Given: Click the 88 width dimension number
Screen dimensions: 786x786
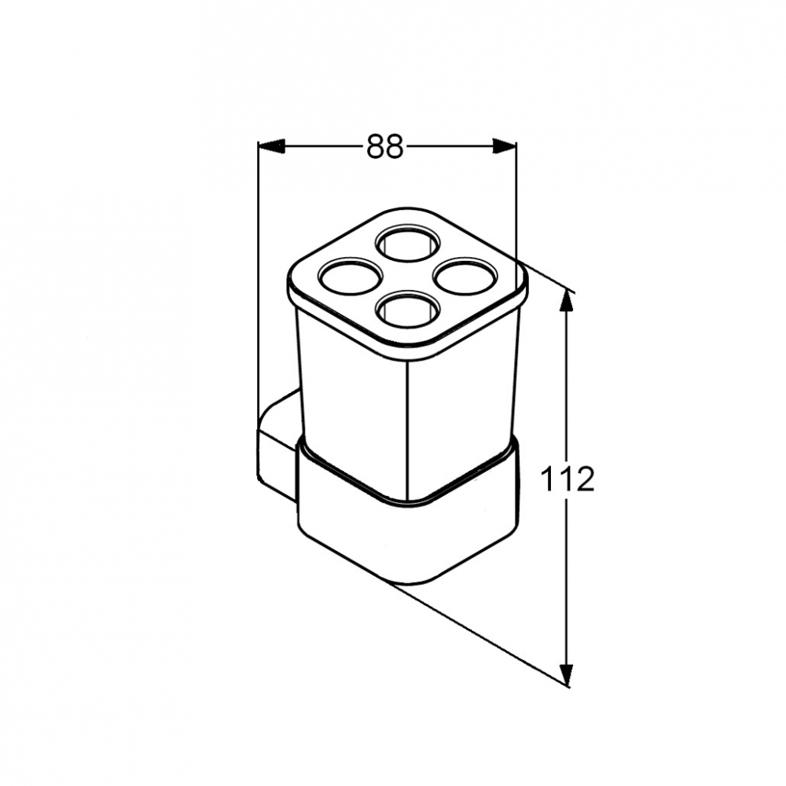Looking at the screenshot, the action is [385, 146].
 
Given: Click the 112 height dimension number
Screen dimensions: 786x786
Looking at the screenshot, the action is [567, 479].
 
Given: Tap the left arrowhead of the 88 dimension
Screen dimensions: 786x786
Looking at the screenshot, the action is [271, 146].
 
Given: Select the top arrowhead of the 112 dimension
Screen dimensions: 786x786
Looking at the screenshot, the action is [566, 302].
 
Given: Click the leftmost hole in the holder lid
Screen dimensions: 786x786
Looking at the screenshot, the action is [348, 276].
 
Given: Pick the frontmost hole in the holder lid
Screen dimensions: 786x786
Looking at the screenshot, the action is [408, 309].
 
